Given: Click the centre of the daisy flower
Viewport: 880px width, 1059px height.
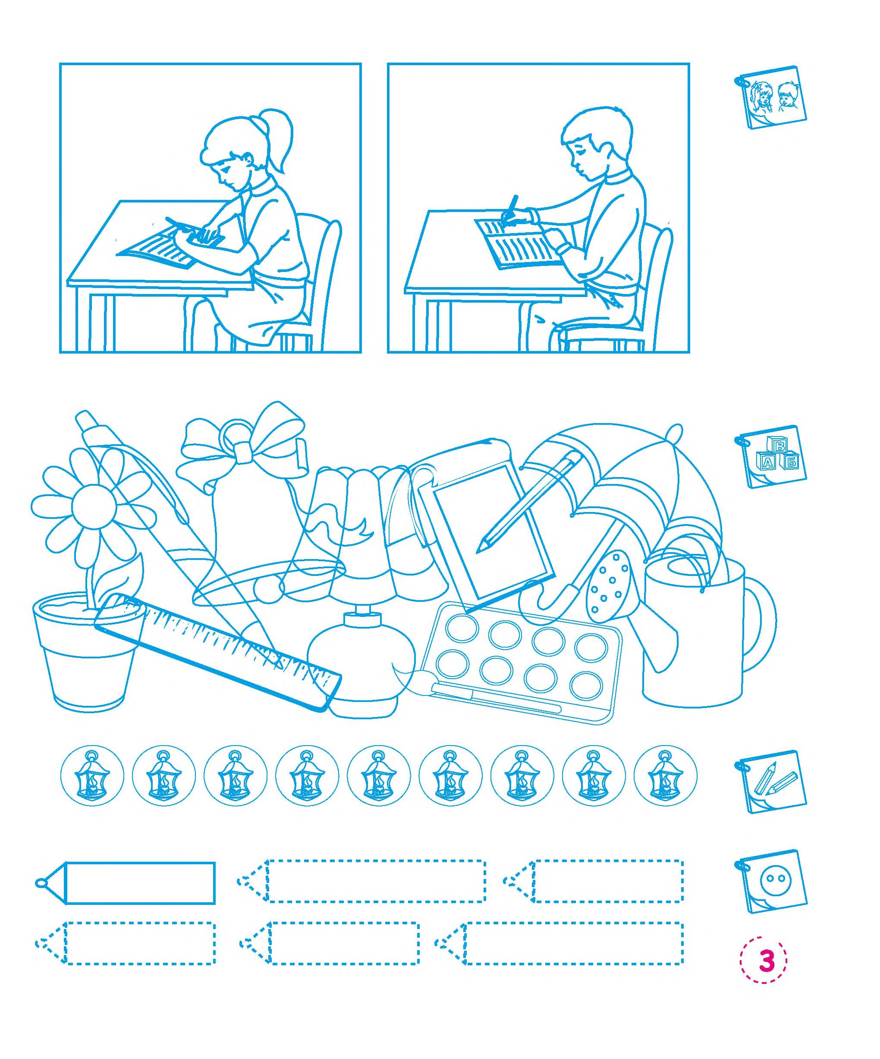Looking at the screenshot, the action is pyautogui.click(x=94, y=507).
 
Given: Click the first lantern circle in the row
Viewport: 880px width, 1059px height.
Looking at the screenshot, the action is pyautogui.click(x=92, y=776).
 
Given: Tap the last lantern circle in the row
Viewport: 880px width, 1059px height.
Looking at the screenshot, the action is pyautogui.click(x=665, y=776).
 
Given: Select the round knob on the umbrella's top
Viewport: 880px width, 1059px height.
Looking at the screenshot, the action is pyautogui.click(x=673, y=432).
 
